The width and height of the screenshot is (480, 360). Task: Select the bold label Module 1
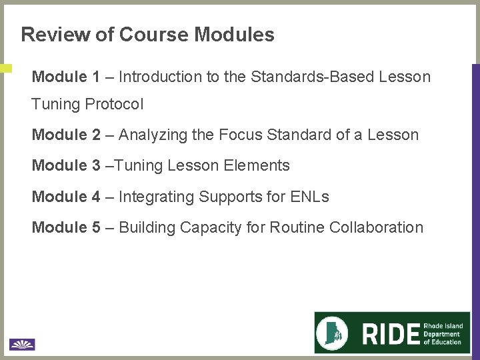pos(66,77)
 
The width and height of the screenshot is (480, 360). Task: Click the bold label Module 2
pos(66,135)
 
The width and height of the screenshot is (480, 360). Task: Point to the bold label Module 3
pos(66,165)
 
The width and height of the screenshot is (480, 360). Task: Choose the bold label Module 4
pos(66,197)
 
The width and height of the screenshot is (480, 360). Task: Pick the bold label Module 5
pos(66,227)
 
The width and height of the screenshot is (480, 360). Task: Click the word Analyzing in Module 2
pos(153,135)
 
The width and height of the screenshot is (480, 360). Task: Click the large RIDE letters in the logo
pos(391,333)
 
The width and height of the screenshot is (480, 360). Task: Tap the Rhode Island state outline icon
pos(337,333)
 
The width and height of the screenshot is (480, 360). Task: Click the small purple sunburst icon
pos(22,344)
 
